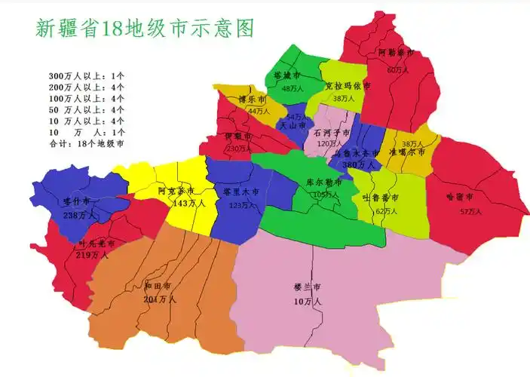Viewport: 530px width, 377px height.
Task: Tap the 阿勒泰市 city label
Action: (396, 54)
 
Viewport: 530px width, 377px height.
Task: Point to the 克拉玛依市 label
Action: (348, 86)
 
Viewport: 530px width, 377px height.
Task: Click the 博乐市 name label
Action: (252, 100)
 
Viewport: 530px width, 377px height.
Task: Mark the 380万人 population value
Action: (358, 165)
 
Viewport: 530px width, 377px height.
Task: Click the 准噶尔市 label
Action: (406, 152)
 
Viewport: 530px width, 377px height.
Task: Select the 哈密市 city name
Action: (459, 197)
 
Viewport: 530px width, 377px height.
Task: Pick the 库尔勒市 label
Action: (324, 183)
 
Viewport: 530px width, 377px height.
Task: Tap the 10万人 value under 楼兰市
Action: (308, 301)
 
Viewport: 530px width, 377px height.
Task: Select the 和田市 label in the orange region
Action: (158, 287)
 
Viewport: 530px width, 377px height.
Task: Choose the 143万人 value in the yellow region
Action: (184, 204)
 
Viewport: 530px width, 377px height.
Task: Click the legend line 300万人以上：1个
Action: (87, 76)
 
